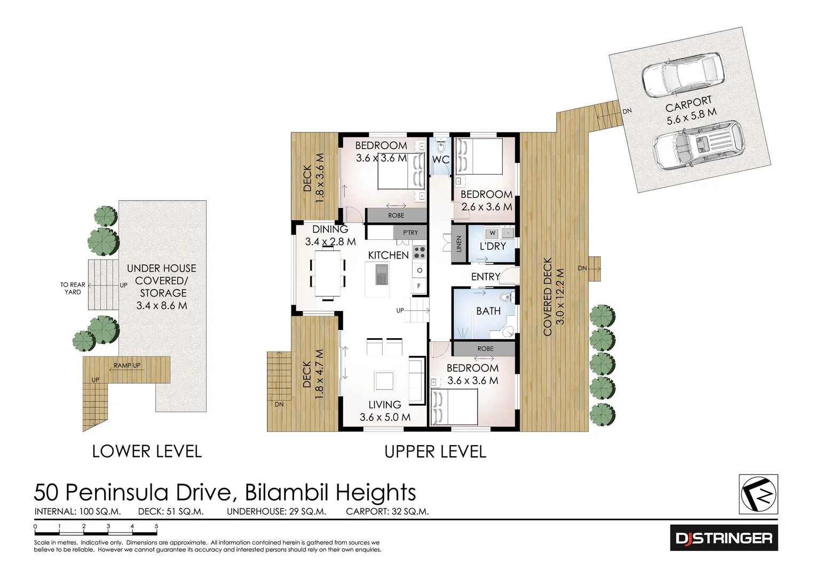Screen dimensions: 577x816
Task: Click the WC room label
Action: (441, 160)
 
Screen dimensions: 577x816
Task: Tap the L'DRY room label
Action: (492, 246)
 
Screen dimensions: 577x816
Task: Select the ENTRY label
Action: (485, 277)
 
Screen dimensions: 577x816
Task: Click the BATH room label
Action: (488, 311)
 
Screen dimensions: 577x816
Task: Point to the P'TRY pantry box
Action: (410, 232)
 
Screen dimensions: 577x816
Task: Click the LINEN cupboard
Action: (458, 244)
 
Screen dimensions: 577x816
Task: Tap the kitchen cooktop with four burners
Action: (419, 252)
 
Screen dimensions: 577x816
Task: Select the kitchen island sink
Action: (382, 276)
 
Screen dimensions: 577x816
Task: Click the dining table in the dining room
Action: (328, 273)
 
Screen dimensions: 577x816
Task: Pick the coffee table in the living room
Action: (384, 381)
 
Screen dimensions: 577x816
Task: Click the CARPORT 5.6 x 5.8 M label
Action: (690, 111)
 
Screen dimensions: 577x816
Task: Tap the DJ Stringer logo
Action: (724, 538)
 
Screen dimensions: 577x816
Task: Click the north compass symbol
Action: (758, 494)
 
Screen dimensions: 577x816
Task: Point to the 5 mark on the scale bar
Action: (156, 527)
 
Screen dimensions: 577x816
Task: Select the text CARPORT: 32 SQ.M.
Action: (387, 511)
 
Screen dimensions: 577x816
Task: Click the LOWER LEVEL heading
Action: (147, 451)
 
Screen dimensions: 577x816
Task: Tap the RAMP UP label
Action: (127, 366)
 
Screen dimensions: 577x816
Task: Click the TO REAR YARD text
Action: (73, 288)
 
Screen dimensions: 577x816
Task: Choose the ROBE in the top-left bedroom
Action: (396, 215)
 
